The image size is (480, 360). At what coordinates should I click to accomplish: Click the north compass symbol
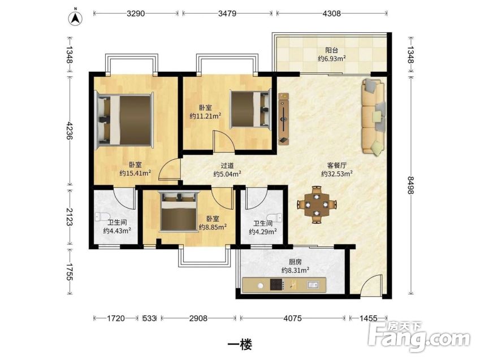tap(75, 18)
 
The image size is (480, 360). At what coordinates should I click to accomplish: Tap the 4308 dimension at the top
tap(331, 14)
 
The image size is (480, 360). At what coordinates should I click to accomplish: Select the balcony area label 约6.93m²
tap(332, 58)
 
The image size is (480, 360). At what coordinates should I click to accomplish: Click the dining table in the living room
tap(317, 204)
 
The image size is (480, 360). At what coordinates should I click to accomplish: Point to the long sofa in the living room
tap(373, 116)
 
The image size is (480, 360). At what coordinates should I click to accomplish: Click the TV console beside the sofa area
tap(284, 119)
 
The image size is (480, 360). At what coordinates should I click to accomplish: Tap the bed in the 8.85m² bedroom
tap(179, 212)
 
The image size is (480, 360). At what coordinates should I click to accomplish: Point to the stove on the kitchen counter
tap(278, 284)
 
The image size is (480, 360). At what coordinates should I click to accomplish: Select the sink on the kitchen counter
tap(313, 285)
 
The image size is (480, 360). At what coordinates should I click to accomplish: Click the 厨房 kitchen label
tap(295, 262)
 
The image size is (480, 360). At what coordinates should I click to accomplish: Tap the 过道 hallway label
tap(227, 166)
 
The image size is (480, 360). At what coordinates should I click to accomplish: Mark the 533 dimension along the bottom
tap(149, 318)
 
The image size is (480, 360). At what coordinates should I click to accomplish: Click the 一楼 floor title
tap(240, 345)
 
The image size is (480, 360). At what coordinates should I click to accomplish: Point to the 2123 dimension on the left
tap(70, 217)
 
